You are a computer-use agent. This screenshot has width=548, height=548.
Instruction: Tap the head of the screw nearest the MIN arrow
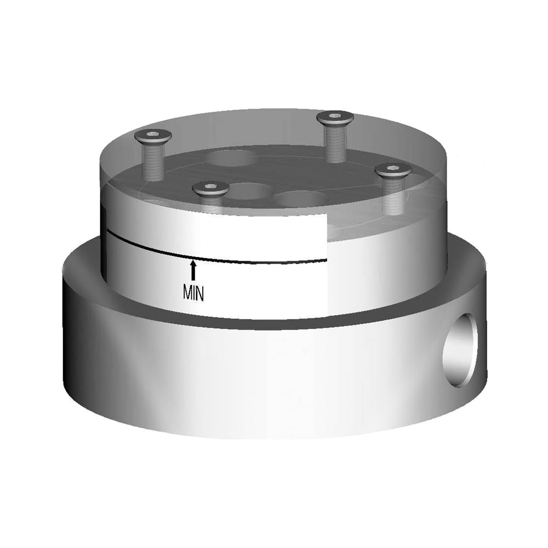click(210, 189)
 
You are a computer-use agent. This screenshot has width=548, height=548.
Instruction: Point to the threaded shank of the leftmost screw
click(153, 162)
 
